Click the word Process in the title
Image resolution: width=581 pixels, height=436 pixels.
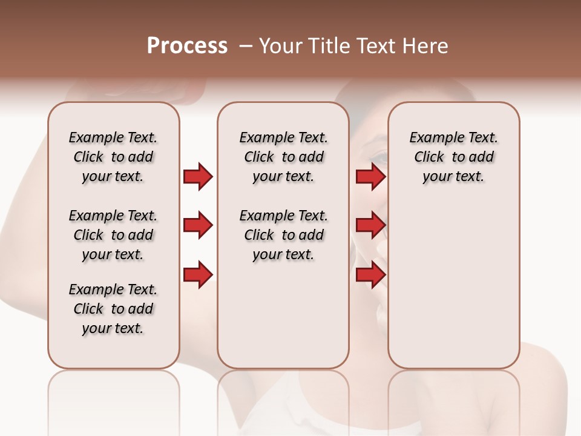(x=187, y=46)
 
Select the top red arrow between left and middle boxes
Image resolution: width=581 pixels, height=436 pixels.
(x=198, y=177)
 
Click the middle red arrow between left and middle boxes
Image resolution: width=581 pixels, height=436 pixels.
(x=198, y=226)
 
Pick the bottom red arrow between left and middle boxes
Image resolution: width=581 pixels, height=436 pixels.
(x=198, y=275)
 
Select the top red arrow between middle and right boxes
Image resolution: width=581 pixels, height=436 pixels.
(x=370, y=177)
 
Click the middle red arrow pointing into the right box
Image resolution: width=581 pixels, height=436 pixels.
(x=370, y=226)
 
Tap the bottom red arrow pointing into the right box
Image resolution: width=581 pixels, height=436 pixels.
(x=370, y=275)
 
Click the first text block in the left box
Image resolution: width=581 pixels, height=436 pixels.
(x=113, y=157)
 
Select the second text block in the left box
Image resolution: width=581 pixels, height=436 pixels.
(x=113, y=235)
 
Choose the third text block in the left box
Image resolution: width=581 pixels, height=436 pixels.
(x=113, y=309)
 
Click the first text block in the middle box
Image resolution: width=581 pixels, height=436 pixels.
(x=283, y=157)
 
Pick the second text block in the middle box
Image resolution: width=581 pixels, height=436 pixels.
(x=283, y=235)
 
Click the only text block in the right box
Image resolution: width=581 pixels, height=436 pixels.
(x=453, y=157)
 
